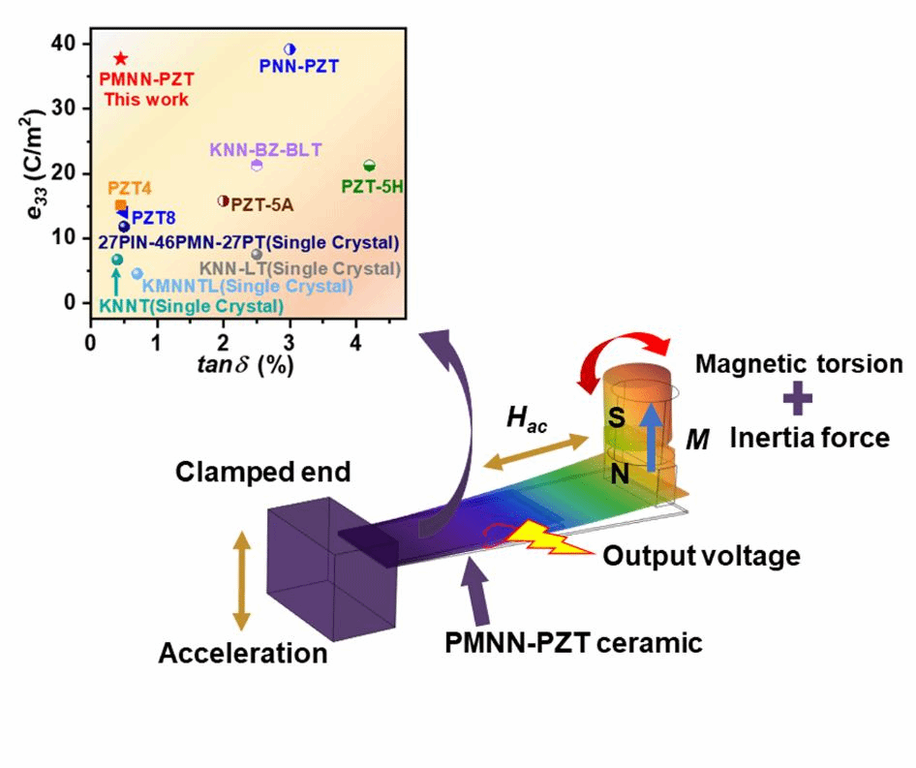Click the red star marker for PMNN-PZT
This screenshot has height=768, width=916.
pyautogui.click(x=120, y=58)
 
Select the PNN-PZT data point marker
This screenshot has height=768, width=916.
pyautogui.click(x=290, y=49)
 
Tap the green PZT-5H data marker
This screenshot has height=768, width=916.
pyautogui.click(x=369, y=167)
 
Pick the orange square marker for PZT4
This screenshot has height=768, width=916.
pyautogui.click(x=121, y=205)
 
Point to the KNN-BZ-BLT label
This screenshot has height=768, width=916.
pyautogui.click(x=266, y=150)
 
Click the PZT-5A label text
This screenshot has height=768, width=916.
pyautogui.click(x=262, y=205)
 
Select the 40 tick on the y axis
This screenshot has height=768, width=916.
pyautogui.click(x=63, y=44)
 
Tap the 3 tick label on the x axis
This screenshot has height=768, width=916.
pyautogui.click(x=290, y=343)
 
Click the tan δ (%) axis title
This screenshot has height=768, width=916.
pyautogui.click(x=245, y=365)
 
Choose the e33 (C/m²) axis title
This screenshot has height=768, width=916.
pyautogui.click(x=36, y=168)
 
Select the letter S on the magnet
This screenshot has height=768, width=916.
pyautogui.click(x=616, y=418)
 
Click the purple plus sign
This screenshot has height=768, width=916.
pyautogui.click(x=798, y=398)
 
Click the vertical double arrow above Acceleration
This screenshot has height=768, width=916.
pyautogui.click(x=242, y=581)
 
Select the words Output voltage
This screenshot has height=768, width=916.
pyautogui.click(x=701, y=556)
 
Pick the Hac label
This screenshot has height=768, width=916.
pyautogui.click(x=527, y=419)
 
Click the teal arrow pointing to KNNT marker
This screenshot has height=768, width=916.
pyautogui.click(x=115, y=282)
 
